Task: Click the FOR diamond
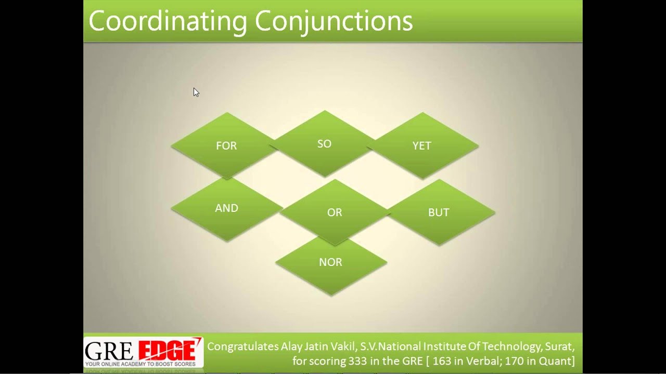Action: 226,146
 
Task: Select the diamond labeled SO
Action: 324,144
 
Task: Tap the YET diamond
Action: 422,146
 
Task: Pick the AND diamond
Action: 226,208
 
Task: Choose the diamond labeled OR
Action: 335,212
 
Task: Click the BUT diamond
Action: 439,212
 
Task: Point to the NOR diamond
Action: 331,262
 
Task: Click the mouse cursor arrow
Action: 196,92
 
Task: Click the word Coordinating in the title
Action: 168,22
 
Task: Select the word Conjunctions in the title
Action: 334,22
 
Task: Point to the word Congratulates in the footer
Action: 242,346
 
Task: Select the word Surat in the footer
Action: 560,346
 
